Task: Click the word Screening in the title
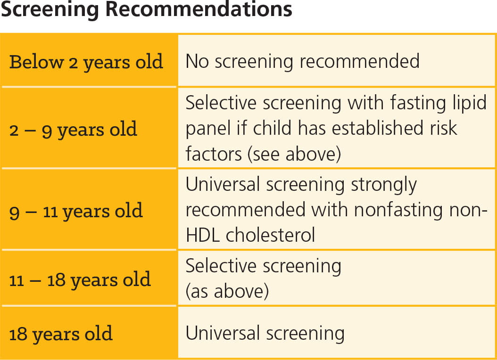coord(48,9)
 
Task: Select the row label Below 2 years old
coord(86,62)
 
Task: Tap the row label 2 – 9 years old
coord(73,129)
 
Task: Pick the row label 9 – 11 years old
coord(76,211)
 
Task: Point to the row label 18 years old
coord(61,334)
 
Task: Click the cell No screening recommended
coord(302,61)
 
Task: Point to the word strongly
coord(384,185)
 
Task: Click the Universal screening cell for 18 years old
coord(265,334)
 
